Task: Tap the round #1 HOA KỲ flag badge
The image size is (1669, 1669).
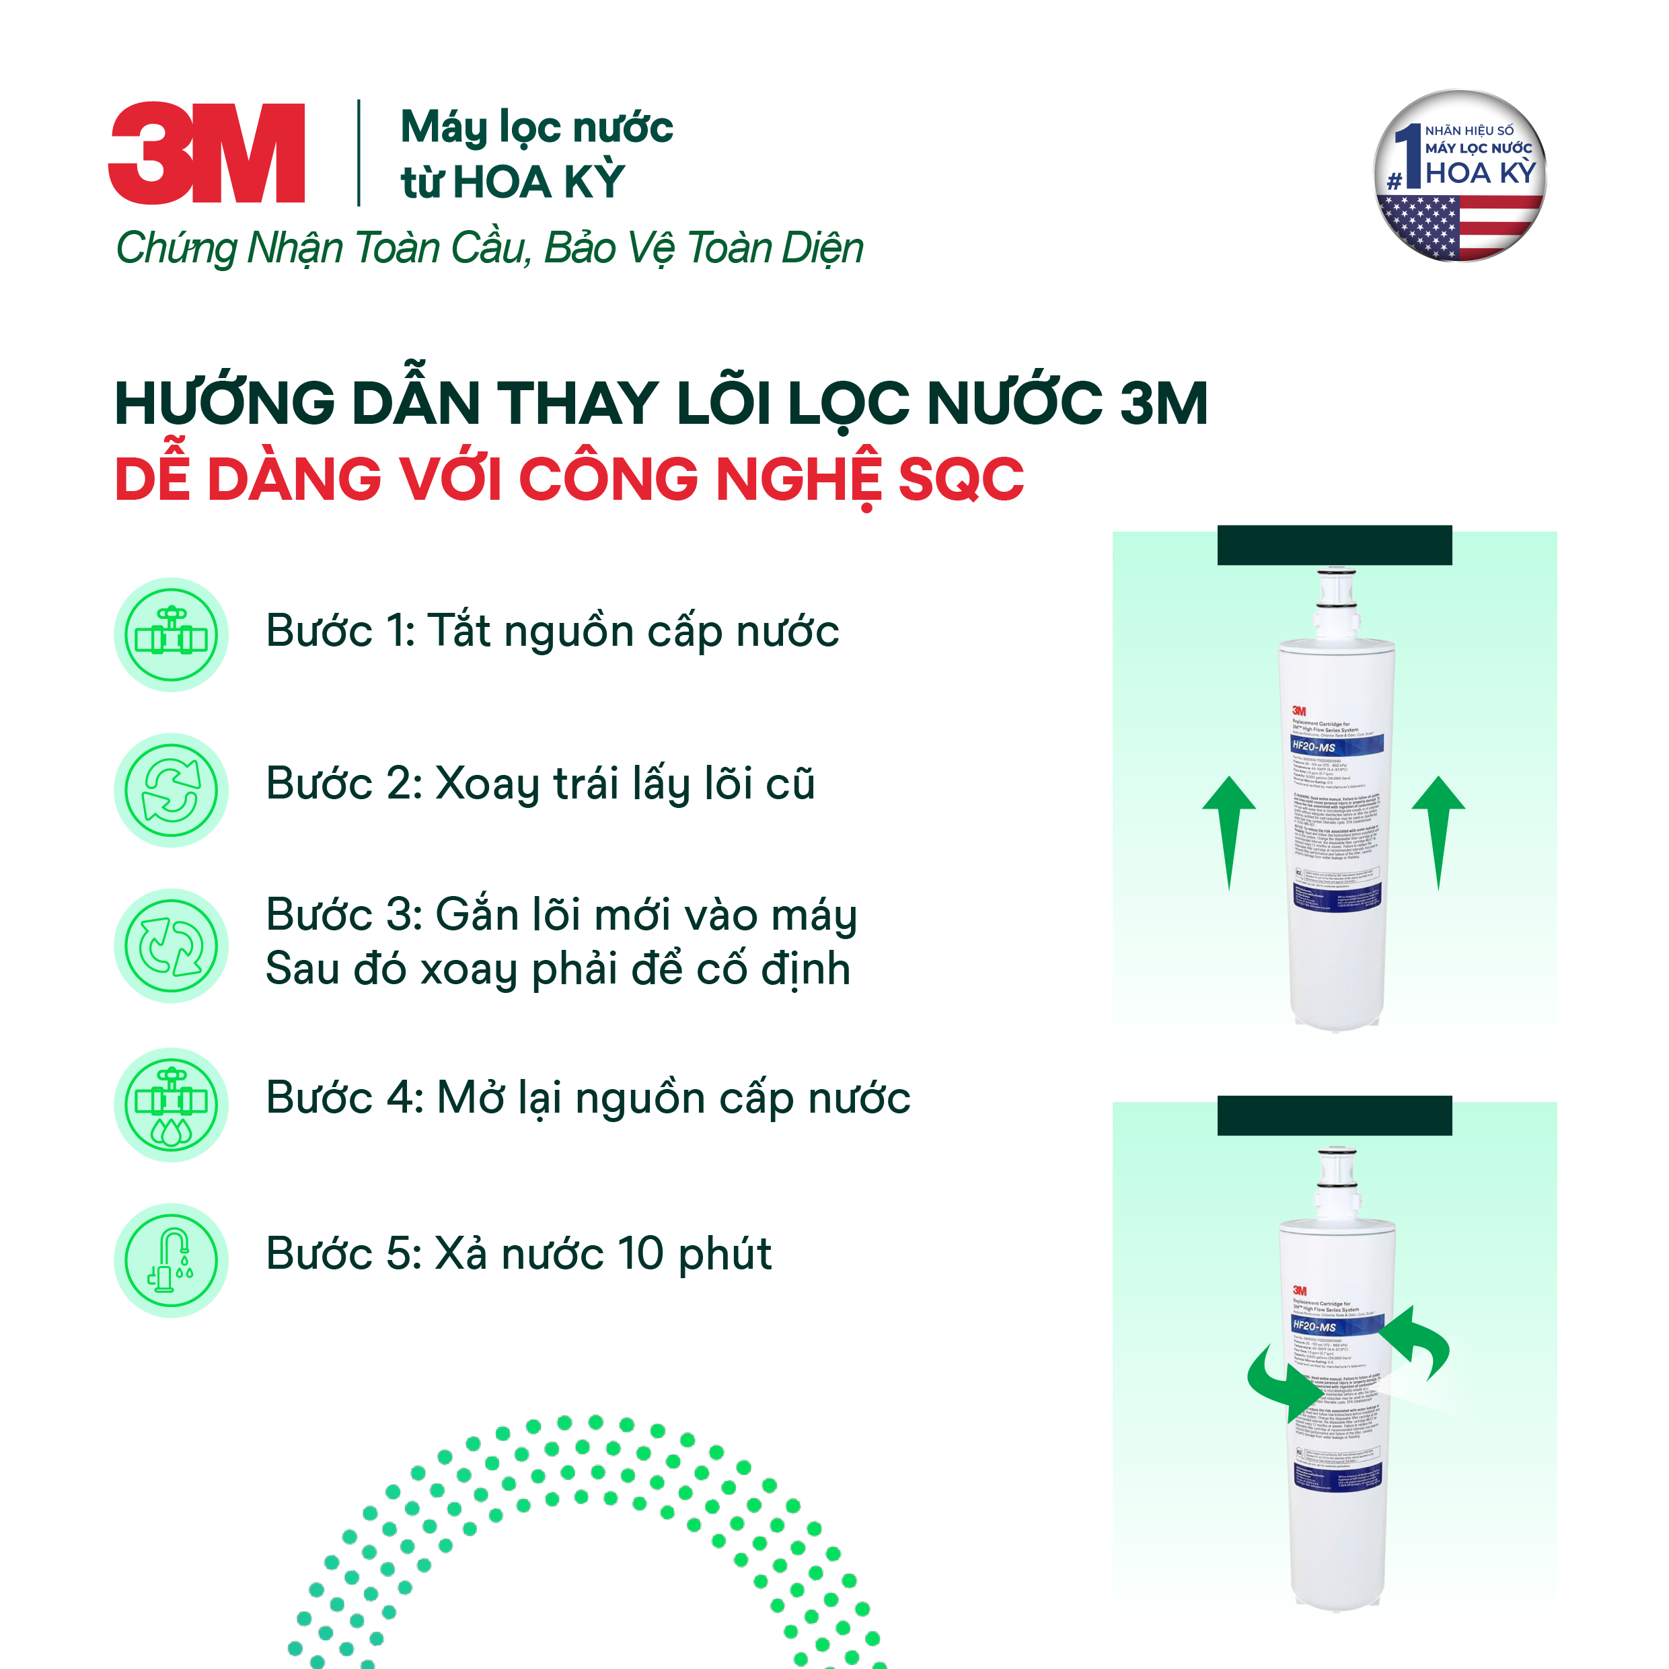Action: tap(1459, 176)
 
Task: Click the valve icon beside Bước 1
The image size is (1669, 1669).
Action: tap(171, 634)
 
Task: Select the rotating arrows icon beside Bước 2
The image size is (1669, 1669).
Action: tap(171, 790)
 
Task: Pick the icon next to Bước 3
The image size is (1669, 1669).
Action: tap(171, 945)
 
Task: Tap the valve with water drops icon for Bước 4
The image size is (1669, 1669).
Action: tap(171, 1104)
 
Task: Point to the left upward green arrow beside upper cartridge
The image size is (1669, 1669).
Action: tap(1229, 830)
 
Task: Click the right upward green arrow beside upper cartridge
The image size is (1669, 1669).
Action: tap(1438, 830)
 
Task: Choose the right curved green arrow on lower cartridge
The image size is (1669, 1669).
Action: tap(1416, 1343)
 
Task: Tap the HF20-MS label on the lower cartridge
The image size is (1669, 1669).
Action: tap(1314, 1326)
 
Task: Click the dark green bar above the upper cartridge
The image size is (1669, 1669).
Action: tap(1334, 545)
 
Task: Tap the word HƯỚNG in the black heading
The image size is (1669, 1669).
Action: tap(225, 404)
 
